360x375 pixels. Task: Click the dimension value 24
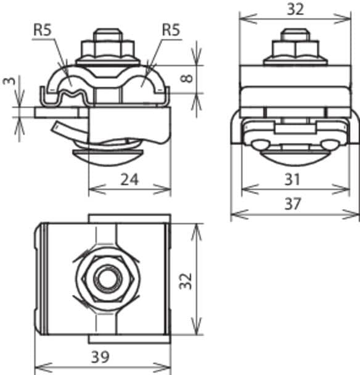[x=129, y=179]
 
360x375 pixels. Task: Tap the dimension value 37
[x=294, y=204]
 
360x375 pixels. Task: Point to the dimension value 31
[x=294, y=179]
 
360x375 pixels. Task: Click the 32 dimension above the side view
[x=294, y=9]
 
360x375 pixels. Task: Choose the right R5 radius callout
[x=171, y=29]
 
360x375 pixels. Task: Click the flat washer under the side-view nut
[x=294, y=60]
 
